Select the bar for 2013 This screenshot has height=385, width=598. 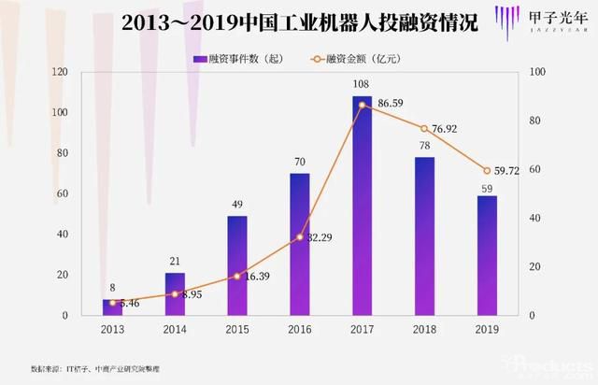(x=113, y=307)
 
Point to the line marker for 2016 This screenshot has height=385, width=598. (x=300, y=237)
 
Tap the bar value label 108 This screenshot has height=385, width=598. (x=362, y=86)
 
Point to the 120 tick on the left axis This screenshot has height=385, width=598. (x=61, y=72)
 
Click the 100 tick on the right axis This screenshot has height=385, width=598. (x=537, y=72)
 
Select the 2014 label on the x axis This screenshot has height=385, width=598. (x=176, y=329)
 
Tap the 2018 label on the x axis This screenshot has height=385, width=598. (x=424, y=329)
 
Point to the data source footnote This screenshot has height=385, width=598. (x=93, y=367)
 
